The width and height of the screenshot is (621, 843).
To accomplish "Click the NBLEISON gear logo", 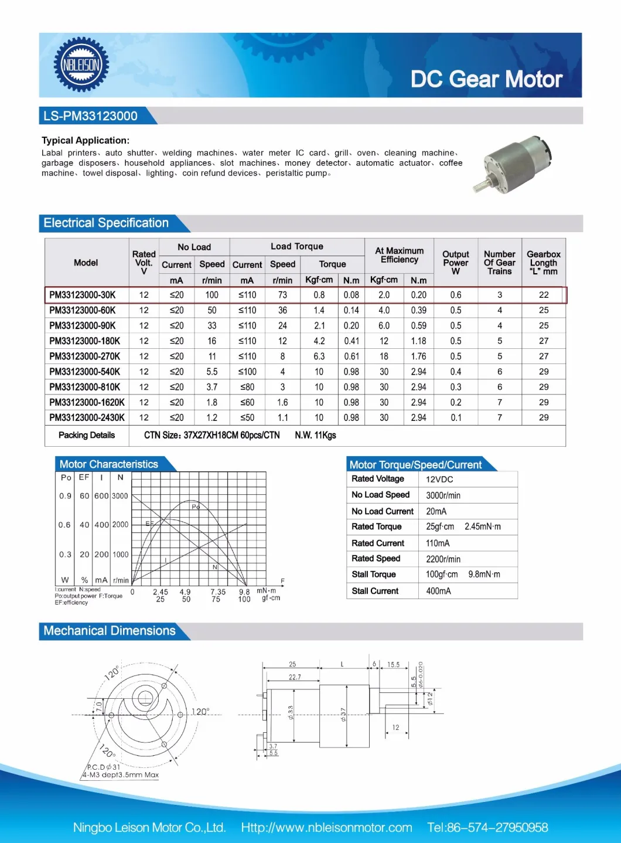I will (x=81, y=64).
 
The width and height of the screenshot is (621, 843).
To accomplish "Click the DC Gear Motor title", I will (x=486, y=79).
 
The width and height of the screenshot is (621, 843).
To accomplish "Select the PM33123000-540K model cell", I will (x=85, y=372).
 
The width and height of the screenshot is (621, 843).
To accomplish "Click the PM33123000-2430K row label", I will (x=87, y=417).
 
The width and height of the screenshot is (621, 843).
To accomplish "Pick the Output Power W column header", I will (x=456, y=263).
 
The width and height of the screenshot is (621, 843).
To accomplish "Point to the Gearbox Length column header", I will (x=543, y=263).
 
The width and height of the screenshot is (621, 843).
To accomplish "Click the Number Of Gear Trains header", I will (x=499, y=263).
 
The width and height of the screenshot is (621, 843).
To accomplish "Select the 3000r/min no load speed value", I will (x=443, y=495).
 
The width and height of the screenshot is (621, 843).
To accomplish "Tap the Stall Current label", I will (x=375, y=591).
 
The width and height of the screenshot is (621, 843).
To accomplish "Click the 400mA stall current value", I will (x=438, y=591).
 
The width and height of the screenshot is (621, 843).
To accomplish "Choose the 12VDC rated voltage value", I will (x=439, y=480).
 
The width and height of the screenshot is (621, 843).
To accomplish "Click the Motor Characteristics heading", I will (x=109, y=464).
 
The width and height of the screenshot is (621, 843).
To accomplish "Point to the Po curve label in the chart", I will (x=196, y=507).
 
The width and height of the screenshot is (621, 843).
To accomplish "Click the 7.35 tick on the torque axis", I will (x=217, y=592).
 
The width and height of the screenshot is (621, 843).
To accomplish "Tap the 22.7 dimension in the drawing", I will (x=295, y=677).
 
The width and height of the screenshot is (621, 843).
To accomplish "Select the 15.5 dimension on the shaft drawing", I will (x=393, y=665).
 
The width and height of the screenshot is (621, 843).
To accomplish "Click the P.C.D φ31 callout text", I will (x=104, y=767).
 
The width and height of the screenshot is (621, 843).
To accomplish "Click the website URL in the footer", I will (x=326, y=827).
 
